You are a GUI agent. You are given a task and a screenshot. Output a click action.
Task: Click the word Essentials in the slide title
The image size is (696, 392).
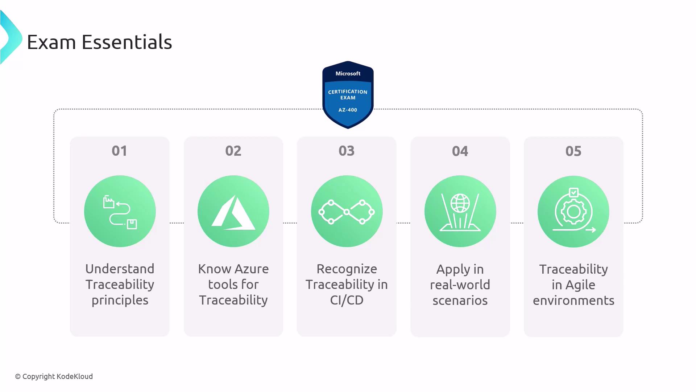(x=127, y=42)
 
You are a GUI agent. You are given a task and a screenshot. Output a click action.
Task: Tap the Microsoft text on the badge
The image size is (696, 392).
(x=348, y=73)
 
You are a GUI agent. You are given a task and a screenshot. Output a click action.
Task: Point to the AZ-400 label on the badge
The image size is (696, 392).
(x=348, y=110)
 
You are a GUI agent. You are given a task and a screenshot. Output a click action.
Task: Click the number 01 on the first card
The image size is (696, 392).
(x=120, y=151)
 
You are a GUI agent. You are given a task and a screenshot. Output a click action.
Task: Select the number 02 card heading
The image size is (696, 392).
(x=233, y=151)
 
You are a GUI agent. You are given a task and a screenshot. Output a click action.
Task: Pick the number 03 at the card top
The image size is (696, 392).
(x=347, y=151)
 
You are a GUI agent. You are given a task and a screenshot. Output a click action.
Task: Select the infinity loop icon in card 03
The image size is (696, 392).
(x=347, y=212)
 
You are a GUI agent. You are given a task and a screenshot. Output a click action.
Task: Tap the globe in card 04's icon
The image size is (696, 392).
(x=460, y=203)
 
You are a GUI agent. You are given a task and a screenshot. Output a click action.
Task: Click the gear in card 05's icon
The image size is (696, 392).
(x=573, y=211)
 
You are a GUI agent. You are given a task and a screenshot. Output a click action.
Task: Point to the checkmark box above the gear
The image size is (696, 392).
(x=573, y=192)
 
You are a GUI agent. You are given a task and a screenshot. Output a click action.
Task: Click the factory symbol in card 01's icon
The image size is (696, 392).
(x=108, y=202)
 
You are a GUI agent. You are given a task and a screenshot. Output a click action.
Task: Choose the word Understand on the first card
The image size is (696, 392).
(x=120, y=269)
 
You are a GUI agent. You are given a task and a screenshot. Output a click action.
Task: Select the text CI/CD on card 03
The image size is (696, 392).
(x=347, y=300)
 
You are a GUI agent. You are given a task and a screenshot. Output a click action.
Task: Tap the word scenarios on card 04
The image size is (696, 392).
(x=460, y=301)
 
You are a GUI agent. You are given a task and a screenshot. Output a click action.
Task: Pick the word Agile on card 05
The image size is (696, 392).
(x=581, y=285)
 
